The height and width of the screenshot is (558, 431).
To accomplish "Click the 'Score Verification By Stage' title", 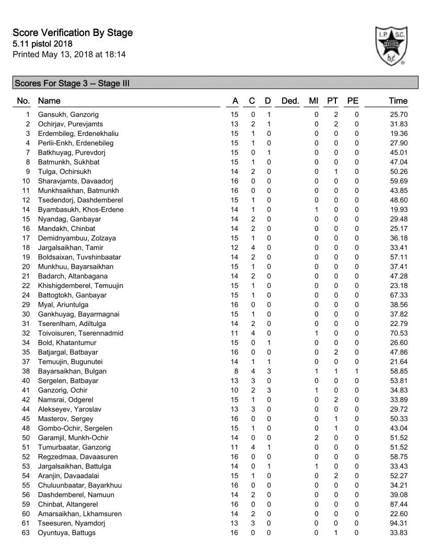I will pyautogui.click(x=73, y=33).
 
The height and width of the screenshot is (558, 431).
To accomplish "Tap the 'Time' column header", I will pyautogui.click(x=398, y=101).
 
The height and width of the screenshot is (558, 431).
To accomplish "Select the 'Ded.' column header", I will pyautogui.click(x=289, y=101).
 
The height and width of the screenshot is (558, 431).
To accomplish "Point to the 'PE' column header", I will pyautogui.click(x=353, y=101).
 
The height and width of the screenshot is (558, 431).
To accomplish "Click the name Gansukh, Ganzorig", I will pyautogui.click(x=68, y=114).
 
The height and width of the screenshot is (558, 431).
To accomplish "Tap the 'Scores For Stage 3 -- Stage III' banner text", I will pyautogui.click(x=72, y=83).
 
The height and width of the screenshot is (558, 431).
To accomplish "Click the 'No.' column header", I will pyautogui.click(x=24, y=101).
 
